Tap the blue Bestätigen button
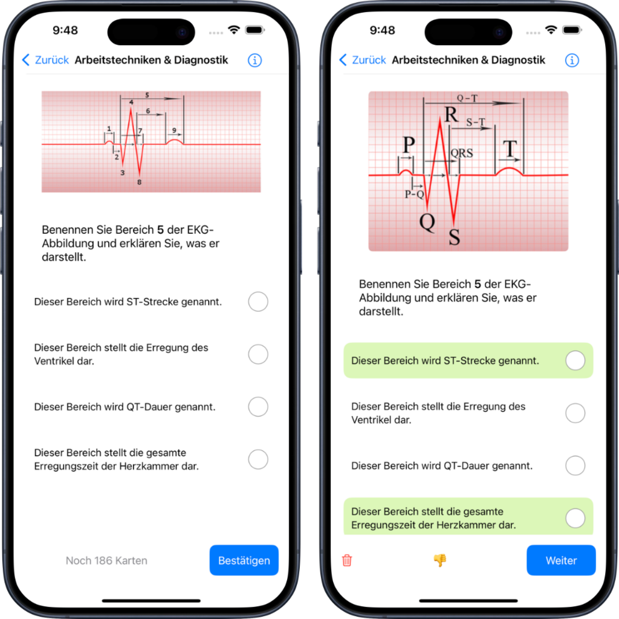(x=244, y=560)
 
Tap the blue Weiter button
(x=561, y=560)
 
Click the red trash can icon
(x=347, y=560)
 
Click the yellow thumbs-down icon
(x=439, y=560)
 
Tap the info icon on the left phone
(x=254, y=60)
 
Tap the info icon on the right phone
(x=572, y=60)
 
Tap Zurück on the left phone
(x=45, y=60)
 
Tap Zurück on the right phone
(x=363, y=60)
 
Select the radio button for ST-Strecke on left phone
(x=258, y=302)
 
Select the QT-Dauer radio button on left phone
(x=258, y=407)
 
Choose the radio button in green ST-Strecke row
(x=575, y=360)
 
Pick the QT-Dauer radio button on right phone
(x=575, y=465)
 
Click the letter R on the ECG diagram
(x=451, y=115)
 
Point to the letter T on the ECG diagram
(x=511, y=149)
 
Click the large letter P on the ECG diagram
(x=409, y=145)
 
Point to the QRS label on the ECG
(x=462, y=154)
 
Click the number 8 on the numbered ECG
(x=140, y=182)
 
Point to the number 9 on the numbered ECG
(x=174, y=131)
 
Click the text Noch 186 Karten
(x=106, y=560)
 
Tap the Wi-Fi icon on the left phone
(x=234, y=30)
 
